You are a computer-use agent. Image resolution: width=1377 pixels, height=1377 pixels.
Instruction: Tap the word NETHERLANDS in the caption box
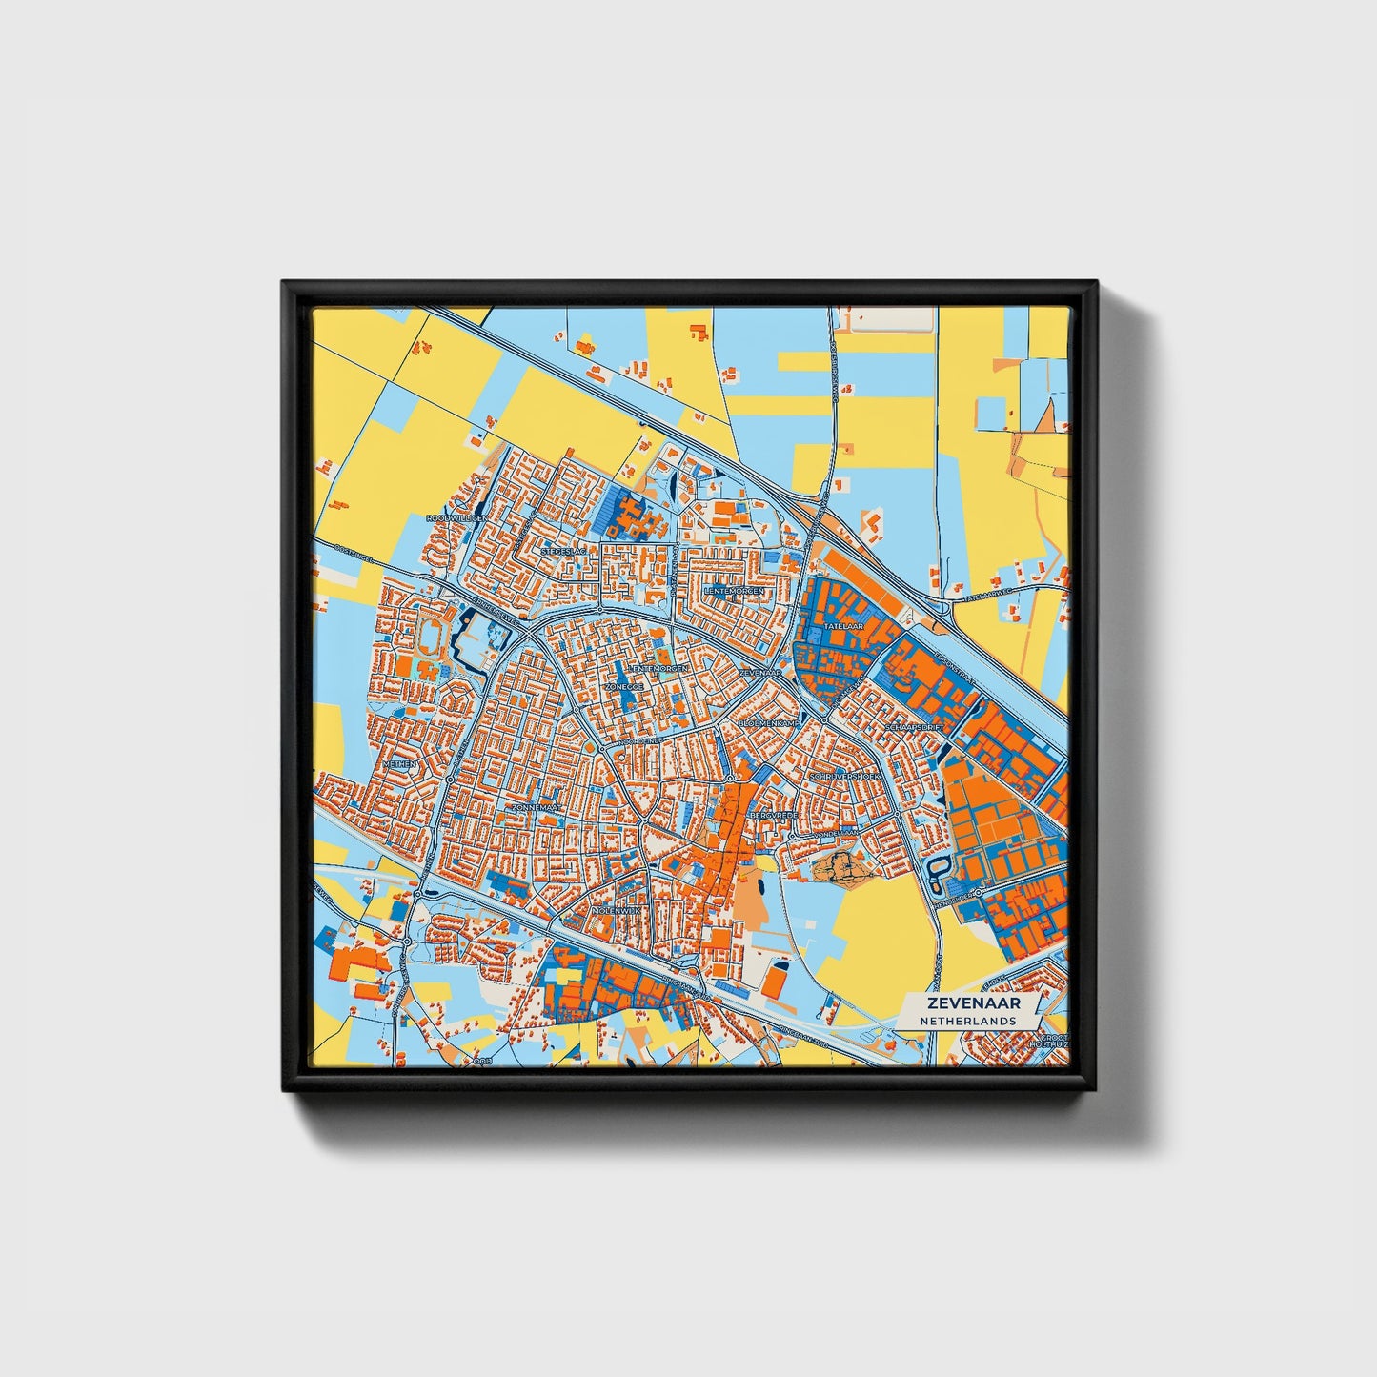coord(967,1021)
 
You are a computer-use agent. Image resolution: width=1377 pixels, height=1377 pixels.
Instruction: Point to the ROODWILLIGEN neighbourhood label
coord(458,517)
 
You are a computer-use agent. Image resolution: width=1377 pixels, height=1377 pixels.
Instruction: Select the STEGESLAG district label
coord(563,551)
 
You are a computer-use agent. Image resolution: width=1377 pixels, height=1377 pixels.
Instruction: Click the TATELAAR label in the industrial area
coord(842,626)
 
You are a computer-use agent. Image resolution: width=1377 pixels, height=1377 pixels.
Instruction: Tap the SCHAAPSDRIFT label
coord(913,727)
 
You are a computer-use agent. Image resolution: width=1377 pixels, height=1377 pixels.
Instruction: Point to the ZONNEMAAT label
coord(537,807)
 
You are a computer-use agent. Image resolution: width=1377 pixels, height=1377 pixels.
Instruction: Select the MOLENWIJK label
coord(618,911)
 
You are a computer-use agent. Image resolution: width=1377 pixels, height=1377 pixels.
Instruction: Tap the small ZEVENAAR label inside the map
coord(760,673)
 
